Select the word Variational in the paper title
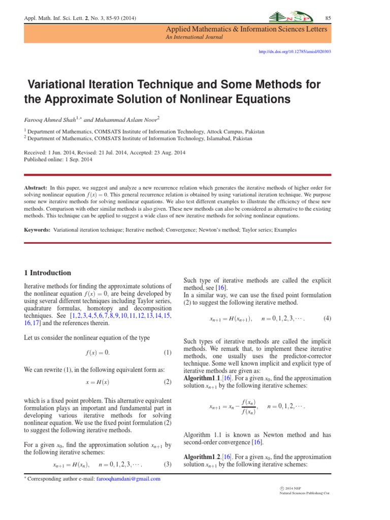(64, 83)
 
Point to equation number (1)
(168, 352)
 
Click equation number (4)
(328, 318)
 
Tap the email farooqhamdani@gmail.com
(128, 479)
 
